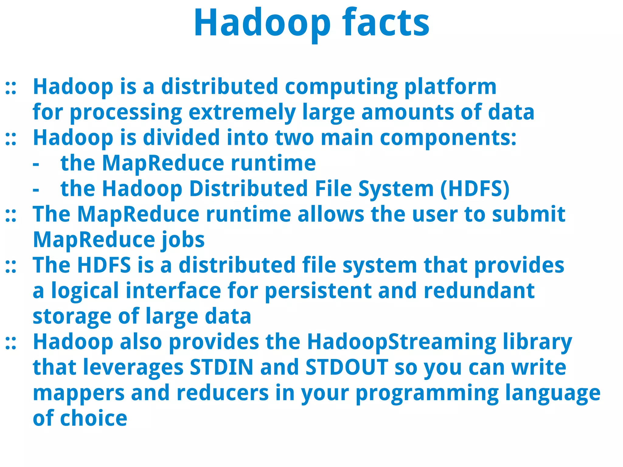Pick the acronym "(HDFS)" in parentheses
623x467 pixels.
click(475, 189)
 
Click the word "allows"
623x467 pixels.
click(330, 214)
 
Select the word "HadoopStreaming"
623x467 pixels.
click(402, 342)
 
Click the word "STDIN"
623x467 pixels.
click(221, 368)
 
